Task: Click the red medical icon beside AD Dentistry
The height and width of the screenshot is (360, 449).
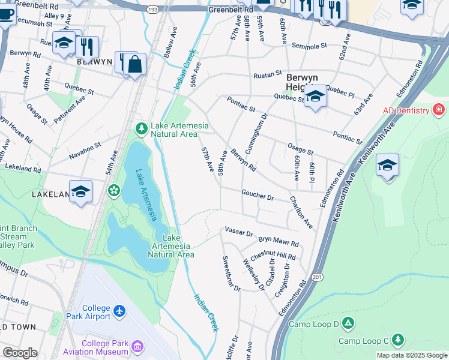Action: coord(439,110)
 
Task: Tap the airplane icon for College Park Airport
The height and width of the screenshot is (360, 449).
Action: coord(120,311)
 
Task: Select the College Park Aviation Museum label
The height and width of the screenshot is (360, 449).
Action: coord(105,347)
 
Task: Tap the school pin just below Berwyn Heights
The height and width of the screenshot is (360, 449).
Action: coord(315,97)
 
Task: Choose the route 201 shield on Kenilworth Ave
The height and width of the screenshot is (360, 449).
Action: coord(317,277)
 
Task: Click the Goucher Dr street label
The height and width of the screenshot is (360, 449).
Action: coord(258,196)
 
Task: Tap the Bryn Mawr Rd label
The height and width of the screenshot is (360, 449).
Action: coord(279,241)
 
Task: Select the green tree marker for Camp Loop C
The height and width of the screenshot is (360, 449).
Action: coord(397,340)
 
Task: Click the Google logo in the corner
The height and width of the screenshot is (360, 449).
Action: coord(20,353)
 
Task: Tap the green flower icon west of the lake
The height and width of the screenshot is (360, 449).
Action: coord(113,190)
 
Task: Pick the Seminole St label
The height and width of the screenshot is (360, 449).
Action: coord(309,46)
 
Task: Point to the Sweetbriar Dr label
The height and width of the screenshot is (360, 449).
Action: coord(232,274)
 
